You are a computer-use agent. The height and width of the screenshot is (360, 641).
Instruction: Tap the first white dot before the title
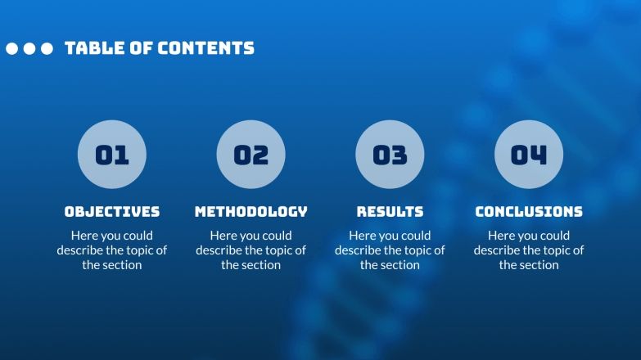coord(12,49)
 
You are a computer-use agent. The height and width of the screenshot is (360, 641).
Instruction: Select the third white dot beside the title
coord(47,49)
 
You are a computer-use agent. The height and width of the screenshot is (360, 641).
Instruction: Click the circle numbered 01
coord(112,155)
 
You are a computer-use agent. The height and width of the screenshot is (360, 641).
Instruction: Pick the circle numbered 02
coord(251,155)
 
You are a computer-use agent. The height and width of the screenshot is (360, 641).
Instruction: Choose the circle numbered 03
coord(390,155)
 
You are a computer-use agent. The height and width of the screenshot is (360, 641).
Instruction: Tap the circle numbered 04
coord(529,155)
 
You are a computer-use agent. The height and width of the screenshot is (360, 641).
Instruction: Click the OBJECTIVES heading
coord(112,211)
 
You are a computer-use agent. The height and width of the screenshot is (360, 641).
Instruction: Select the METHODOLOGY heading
coord(251,211)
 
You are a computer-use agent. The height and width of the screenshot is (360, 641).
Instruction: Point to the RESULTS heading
coord(390,211)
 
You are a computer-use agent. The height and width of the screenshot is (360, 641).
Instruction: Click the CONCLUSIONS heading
coord(529,211)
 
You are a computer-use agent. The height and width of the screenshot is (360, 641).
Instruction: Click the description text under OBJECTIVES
coord(112,250)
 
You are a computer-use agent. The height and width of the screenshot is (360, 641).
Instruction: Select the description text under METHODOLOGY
coord(251,250)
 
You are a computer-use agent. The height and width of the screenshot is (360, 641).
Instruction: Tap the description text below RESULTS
coord(390,250)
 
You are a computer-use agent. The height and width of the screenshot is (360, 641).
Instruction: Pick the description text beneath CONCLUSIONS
coord(529,250)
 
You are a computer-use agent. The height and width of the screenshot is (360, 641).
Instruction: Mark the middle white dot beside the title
coord(29,49)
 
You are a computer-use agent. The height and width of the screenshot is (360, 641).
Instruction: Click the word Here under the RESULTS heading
coord(363,236)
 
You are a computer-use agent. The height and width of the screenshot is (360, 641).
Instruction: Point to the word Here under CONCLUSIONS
coord(503,236)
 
